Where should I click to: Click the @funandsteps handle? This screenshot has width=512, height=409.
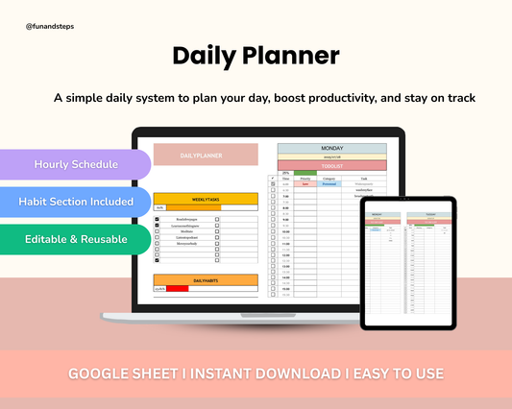tap(50, 27)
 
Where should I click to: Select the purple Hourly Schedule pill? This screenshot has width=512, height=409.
tap(76, 164)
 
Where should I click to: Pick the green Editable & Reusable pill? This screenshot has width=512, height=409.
tap(76, 237)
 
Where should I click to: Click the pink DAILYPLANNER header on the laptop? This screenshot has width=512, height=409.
tap(206, 155)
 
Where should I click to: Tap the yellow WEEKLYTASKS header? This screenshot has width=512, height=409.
tap(206, 199)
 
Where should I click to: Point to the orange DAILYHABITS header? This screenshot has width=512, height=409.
tap(206, 279)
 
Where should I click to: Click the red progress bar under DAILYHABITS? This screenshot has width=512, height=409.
tap(178, 288)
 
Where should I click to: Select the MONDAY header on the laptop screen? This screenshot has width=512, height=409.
tap(331, 149)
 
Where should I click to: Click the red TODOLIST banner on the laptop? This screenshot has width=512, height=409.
tap(331, 165)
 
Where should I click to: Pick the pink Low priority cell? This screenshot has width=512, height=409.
tap(305, 183)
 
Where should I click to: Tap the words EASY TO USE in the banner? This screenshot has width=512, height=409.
tap(397, 373)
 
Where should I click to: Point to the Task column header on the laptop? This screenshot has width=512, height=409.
tap(363, 178)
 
